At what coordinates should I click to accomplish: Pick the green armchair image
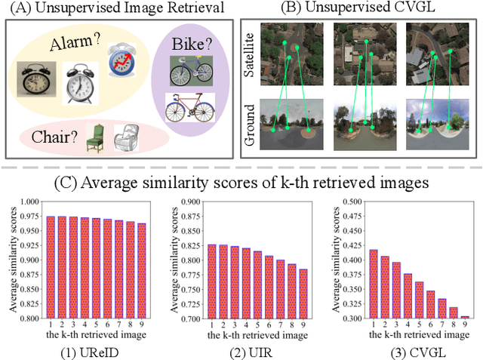(x=95, y=137)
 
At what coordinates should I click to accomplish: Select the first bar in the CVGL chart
(x=374, y=284)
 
